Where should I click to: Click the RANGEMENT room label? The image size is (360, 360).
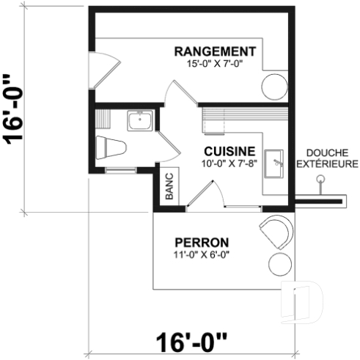click(214, 51)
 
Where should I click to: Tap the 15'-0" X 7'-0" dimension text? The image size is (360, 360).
click(214, 64)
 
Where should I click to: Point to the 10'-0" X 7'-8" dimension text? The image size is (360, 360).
click(229, 163)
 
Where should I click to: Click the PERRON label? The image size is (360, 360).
click(201, 243)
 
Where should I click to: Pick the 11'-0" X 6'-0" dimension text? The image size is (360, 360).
click(201, 255)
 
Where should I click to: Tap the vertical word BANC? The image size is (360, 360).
click(168, 186)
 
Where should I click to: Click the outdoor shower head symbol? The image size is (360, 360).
click(319, 179)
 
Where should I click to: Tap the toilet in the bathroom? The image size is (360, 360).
click(111, 147)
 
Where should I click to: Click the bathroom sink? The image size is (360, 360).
click(139, 120)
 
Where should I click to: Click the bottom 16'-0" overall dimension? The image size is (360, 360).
click(192, 342)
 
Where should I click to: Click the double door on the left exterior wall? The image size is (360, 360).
click(103, 65)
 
